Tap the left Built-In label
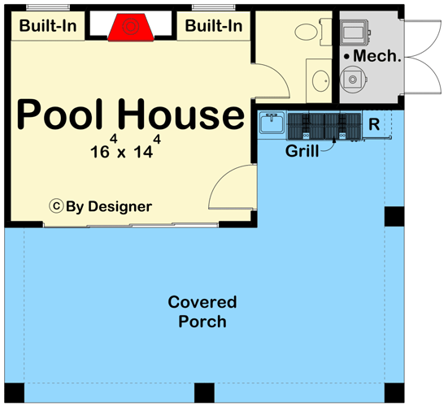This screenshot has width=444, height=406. pyautogui.click(x=48, y=26)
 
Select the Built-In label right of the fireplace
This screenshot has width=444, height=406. pyautogui.click(x=214, y=26)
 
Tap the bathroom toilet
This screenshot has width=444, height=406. pyautogui.click(x=308, y=33)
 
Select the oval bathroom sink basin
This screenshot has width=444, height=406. pyautogui.click(x=320, y=80)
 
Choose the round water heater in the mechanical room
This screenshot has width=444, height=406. pyautogui.click(x=352, y=79)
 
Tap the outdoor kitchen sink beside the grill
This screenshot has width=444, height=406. pyautogui.click(x=271, y=124)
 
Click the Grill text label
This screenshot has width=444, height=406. pyautogui.click(x=302, y=151)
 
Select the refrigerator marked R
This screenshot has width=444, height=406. pyautogui.click(x=375, y=124)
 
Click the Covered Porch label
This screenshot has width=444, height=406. pyautogui.click(x=202, y=312)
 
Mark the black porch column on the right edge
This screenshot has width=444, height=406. pyautogui.click(x=394, y=217)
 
